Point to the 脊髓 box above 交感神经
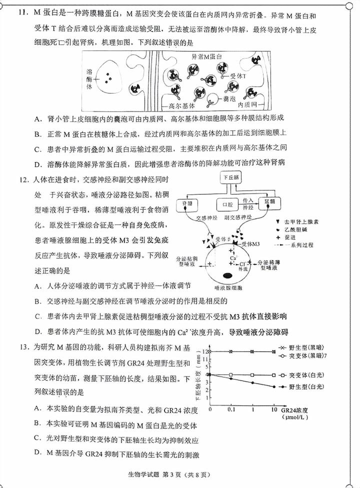pyautogui.click(x=187, y=204)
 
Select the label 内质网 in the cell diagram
pyautogui.click(x=247, y=105)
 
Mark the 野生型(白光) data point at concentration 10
pyautogui.click(x=274, y=386)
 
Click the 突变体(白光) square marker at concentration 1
pyautogui.click(x=252, y=374)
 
